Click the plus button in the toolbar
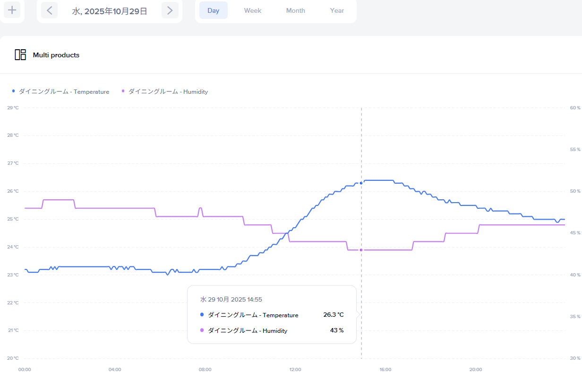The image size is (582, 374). click(12, 10)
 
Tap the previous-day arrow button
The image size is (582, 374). click(49, 10)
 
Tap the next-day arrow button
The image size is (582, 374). click(170, 10)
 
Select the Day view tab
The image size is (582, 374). click(214, 10)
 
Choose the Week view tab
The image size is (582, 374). click(253, 10)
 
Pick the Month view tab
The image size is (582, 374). click(295, 10)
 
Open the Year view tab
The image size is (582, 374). click(337, 10)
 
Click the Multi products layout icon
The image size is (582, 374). click(20, 55)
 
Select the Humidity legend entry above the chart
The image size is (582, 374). click(165, 92)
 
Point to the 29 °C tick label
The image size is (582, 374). click(13, 108)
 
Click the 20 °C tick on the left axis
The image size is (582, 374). click(13, 358)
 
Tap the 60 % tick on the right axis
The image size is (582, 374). click(575, 108)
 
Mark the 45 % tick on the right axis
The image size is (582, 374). click(575, 233)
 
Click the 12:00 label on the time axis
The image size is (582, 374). click(295, 370)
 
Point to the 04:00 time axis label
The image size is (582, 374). click(115, 370)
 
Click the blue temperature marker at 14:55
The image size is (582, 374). click(361, 183)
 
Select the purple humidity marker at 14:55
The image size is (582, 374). click(361, 250)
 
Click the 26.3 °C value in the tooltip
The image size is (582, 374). click(334, 315)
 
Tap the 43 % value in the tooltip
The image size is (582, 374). click(337, 330)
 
